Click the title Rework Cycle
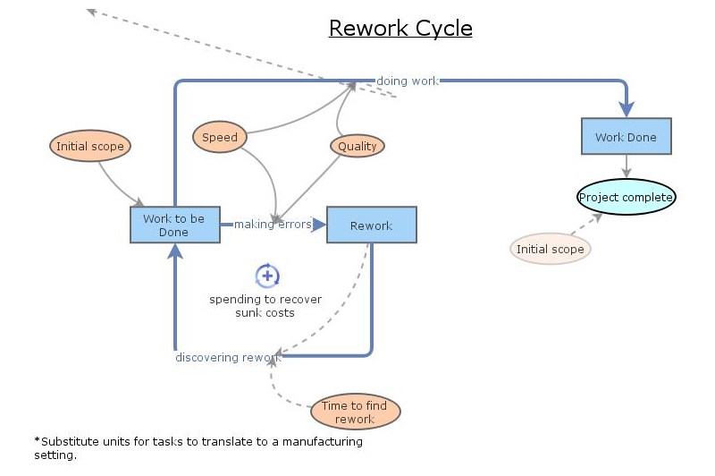click(x=400, y=29)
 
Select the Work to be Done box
click(x=174, y=225)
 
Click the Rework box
click(x=371, y=225)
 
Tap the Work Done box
click(x=626, y=137)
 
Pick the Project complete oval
click(x=626, y=197)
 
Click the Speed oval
click(x=220, y=137)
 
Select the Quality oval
click(x=357, y=147)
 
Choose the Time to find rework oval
click(x=355, y=412)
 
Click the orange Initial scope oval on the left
click(x=89, y=146)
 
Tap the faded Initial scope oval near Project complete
click(x=551, y=249)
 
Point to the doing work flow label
click(x=408, y=81)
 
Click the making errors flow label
click(x=273, y=225)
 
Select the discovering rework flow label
click(x=227, y=358)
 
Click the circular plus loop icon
click(x=267, y=276)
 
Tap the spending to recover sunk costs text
click(x=265, y=306)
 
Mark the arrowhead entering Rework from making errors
click(x=319, y=225)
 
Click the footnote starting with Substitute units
click(x=198, y=447)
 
